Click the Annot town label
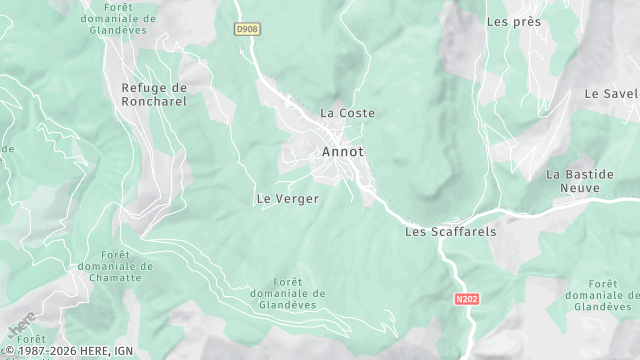pyautogui.click(x=343, y=152)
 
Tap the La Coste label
pyautogui.click(x=347, y=113)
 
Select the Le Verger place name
pyautogui.click(x=288, y=199)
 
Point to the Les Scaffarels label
pyautogui.click(x=450, y=231)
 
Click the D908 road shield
pyautogui.click(x=247, y=30)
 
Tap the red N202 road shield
pyautogui.click(x=466, y=298)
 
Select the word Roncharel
pyautogui.click(x=154, y=101)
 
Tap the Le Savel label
pyautogui.click(x=611, y=94)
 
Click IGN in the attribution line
pyautogui.click(x=124, y=351)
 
